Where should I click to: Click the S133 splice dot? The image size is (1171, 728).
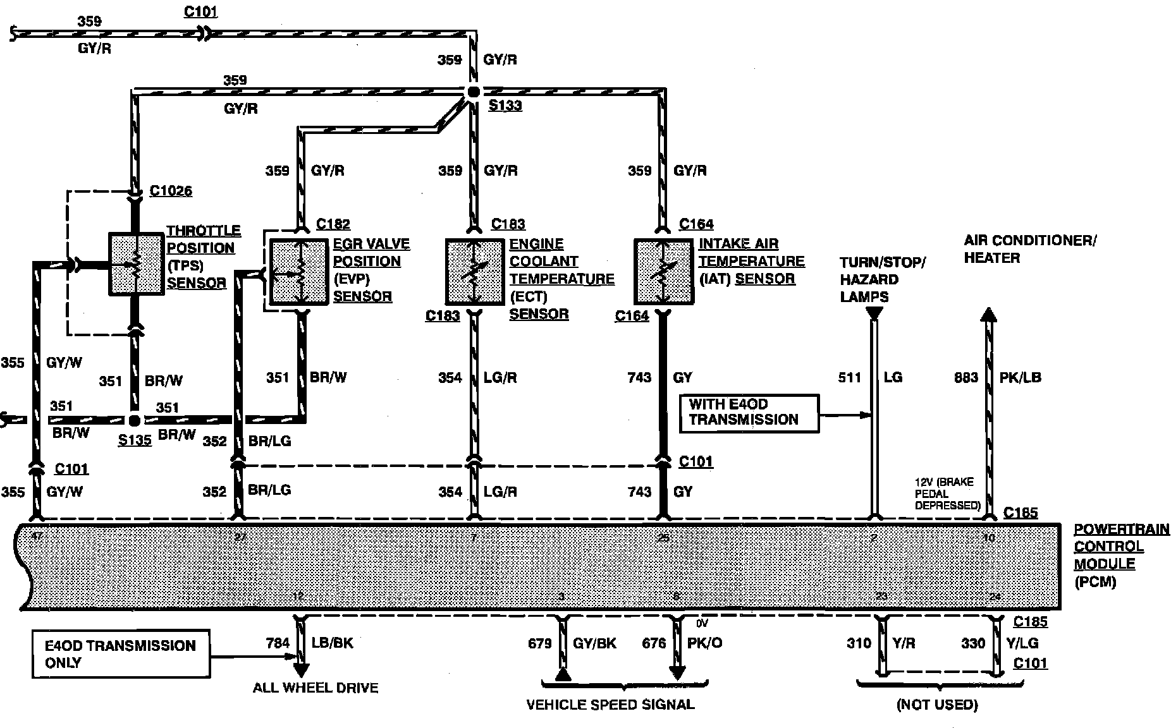pos(473,92)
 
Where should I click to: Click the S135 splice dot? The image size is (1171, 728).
pos(134,420)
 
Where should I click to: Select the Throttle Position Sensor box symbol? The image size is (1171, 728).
pos(136,264)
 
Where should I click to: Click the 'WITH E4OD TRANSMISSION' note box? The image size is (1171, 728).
pos(749,413)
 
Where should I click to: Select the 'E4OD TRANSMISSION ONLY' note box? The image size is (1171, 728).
pos(121,654)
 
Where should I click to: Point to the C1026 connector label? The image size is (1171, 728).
pos(171,191)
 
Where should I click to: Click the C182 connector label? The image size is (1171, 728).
pos(333,224)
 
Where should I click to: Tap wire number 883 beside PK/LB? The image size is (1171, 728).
pos(966,378)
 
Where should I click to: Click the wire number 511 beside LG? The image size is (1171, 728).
pos(849,378)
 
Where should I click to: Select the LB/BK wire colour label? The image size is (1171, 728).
pos(333,643)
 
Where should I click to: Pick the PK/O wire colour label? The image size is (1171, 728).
pos(704,643)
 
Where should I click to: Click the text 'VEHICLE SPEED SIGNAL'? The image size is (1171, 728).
pos(610,705)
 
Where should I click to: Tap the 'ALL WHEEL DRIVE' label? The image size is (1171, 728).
pos(316,688)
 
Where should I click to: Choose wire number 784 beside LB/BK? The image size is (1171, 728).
pos(278,643)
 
